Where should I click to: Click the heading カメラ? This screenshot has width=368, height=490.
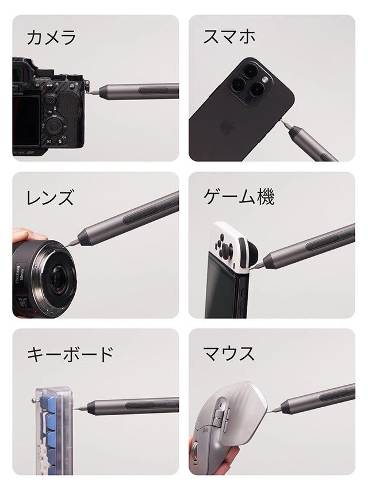51,37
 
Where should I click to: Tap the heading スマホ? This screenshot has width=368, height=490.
229,36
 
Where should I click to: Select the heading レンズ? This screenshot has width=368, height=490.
50,197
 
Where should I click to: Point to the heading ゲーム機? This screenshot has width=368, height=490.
239,197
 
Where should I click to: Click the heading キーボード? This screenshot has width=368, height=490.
70,354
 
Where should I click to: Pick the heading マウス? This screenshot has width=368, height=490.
229,354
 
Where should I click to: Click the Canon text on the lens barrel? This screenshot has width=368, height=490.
18,274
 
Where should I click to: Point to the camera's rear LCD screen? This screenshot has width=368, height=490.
26,121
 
